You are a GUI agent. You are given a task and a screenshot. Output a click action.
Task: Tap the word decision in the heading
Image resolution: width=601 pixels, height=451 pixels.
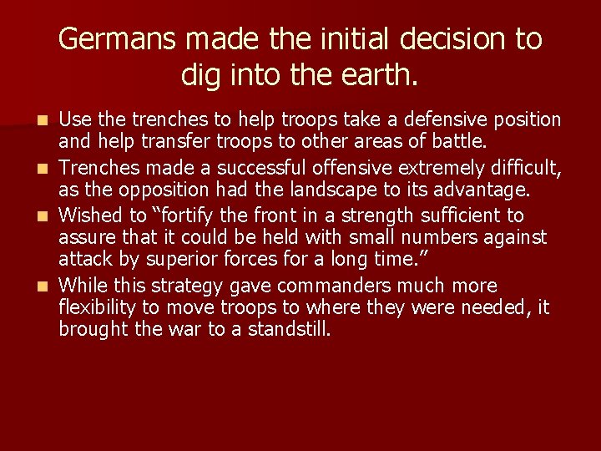click(442, 38)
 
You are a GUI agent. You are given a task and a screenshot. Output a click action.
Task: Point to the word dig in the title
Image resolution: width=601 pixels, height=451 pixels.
click(201, 76)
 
